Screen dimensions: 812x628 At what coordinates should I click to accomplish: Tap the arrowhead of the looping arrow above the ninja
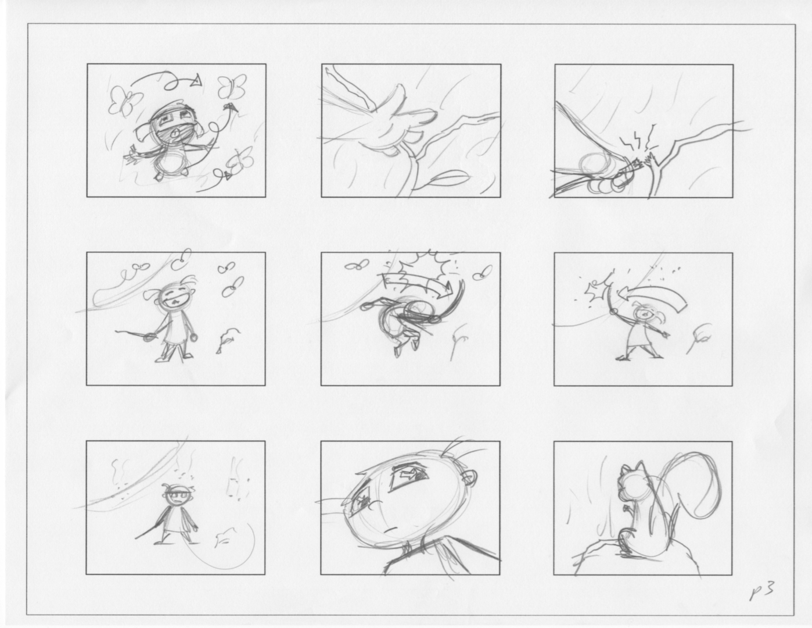pos(196,80)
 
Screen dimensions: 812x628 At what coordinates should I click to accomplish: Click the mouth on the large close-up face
pos(391,529)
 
